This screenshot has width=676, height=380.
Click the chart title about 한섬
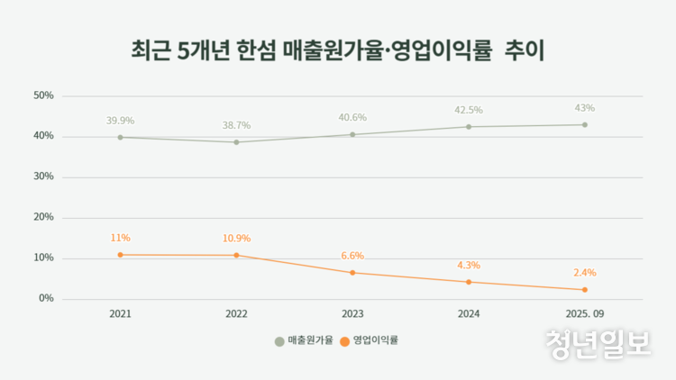pyautogui.click(x=338, y=50)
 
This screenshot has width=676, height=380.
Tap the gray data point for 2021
pyautogui.click(x=120, y=138)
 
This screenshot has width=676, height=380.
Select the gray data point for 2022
pyautogui.click(x=236, y=142)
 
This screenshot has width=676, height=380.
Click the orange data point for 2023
pyautogui.click(x=352, y=273)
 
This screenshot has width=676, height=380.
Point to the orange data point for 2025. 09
pyautogui.click(x=584, y=290)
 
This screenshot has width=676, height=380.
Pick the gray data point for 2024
pyautogui.click(x=469, y=127)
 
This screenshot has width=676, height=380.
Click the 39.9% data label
pyautogui.click(x=120, y=121)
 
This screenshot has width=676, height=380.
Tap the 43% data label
pyautogui.click(x=584, y=108)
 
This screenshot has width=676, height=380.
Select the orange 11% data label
pyautogui.click(x=120, y=238)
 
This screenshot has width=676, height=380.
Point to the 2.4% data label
pyautogui.click(x=584, y=273)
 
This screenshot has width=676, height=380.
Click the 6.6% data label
pyautogui.click(x=352, y=256)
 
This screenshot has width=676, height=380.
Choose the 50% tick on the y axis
pyautogui.click(x=43, y=95)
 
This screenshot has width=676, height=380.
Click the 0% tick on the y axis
pyautogui.click(x=46, y=298)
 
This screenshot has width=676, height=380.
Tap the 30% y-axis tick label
pyautogui.click(x=43, y=176)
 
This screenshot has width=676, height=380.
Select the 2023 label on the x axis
pyautogui.click(x=352, y=315)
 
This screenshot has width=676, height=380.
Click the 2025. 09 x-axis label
pyautogui.click(x=584, y=315)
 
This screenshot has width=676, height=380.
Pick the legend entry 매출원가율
pyautogui.click(x=304, y=340)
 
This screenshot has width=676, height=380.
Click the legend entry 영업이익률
pyautogui.click(x=369, y=340)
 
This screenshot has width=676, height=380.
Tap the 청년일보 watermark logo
pyautogui.click(x=598, y=343)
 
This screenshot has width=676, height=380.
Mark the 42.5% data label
pyautogui.click(x=469, y=110)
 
